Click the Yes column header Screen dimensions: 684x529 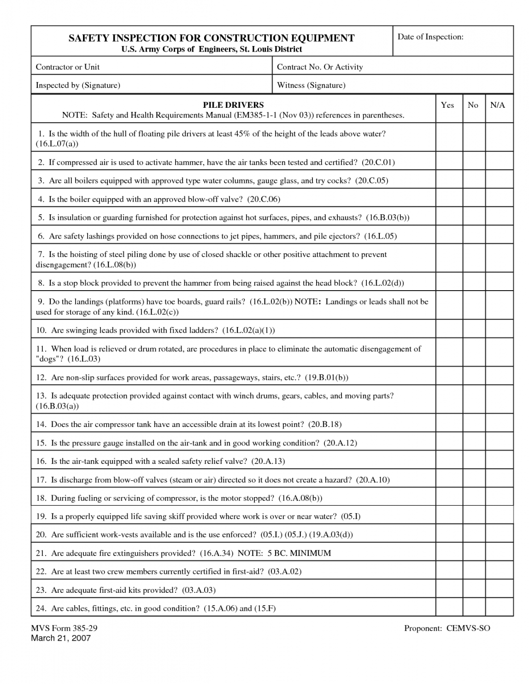(x=447, y=105)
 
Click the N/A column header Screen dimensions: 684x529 (x=498, y=105)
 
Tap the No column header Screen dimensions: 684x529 (x=473, y=105)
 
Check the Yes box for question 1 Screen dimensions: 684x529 (x=449, y=138)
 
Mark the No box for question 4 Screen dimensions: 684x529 (x=474, y=199)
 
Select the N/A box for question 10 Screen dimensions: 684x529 (x=499, y=329)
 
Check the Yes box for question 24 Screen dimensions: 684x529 (x=449, y=608)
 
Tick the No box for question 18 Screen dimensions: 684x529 (x=474, y=497)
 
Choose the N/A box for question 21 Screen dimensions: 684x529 (x=499, y=553)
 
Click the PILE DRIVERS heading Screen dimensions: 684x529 (x=233, y=105)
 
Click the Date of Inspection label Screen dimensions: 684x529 (x=430, y=37)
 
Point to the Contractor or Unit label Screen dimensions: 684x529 (x=68, y=67)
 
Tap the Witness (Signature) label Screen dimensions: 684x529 (x=311, y=85)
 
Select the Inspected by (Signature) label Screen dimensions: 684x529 (x=78, y=85)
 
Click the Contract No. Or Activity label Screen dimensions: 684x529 (x=320, y=67)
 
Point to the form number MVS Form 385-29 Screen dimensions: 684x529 (x=64, y=628)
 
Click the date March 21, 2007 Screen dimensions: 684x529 (x=61, y=638)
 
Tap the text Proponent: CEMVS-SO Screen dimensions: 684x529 (x=447, y=628)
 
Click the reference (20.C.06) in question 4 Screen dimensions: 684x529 (x=264, y=199)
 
